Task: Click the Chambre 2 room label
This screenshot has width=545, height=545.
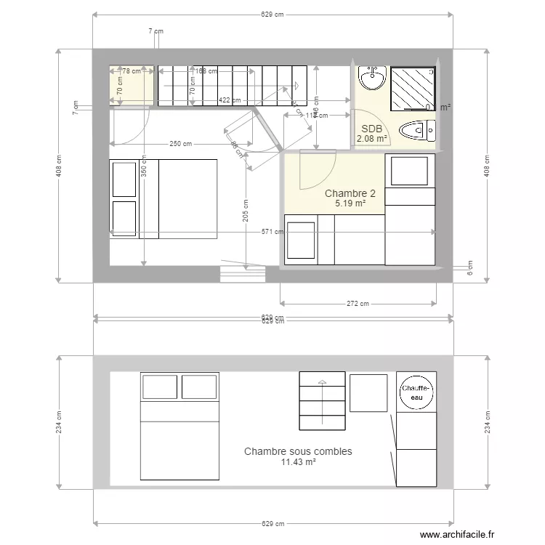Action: (350, 193)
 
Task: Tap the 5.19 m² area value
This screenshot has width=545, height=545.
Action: (350, 204)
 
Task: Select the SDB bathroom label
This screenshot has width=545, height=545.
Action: (371, 129)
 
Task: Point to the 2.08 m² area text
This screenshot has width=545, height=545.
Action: (371, 139)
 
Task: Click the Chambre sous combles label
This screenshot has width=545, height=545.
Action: (298, 451)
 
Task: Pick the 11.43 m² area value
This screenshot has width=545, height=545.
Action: (298, 462)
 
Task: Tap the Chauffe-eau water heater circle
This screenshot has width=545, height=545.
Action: (416, 392)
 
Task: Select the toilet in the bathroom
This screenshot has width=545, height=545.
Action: (418, 131)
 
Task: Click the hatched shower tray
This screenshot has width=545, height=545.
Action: (413, 88)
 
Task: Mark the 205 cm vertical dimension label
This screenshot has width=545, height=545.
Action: (246, 211)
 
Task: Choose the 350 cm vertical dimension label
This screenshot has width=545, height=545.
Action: (144, 171)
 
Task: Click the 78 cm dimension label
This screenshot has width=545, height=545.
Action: (132, 71)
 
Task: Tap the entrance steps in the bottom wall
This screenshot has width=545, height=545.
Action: (243, 274)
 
